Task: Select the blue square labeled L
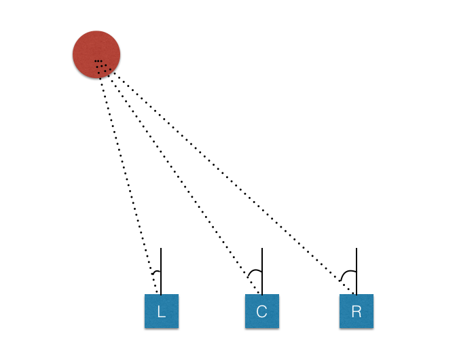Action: click(x=162, y=311)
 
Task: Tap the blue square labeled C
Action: click(x=262, y=311)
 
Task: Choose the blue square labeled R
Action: click(x=357, y=311)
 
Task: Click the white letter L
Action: click(x=162, y=312)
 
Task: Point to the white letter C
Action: click(x=262, y=312)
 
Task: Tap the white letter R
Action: click(x=357, y=312)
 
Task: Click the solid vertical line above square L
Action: click(x=161, y=262)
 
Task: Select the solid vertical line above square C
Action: click(x=262, y=262)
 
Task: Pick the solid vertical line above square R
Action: click(x=357, y=262)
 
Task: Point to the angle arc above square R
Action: click(x=347, y=272)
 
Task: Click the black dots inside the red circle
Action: click(x=98, y=62)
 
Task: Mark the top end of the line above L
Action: click(x=161, y=249)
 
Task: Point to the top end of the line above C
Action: click(x=262, y=249)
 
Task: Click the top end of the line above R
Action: click(x=357, y=249)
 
